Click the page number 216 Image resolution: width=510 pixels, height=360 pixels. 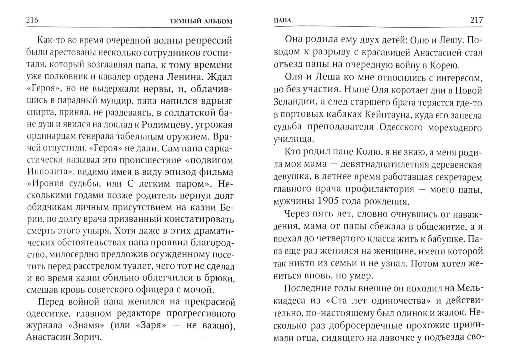tap(32, 20)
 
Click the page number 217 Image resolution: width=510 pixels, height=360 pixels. tap(476, 20)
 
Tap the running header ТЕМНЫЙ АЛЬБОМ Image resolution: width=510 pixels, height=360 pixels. tap(201, 21)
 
